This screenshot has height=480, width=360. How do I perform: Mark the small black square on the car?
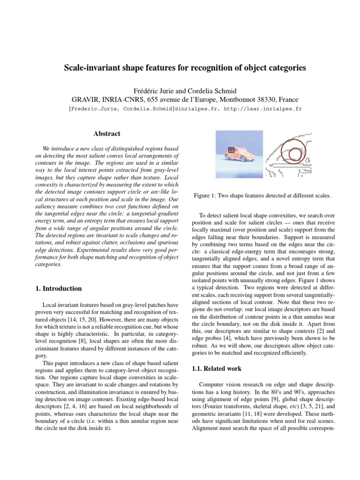(231, 150)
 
